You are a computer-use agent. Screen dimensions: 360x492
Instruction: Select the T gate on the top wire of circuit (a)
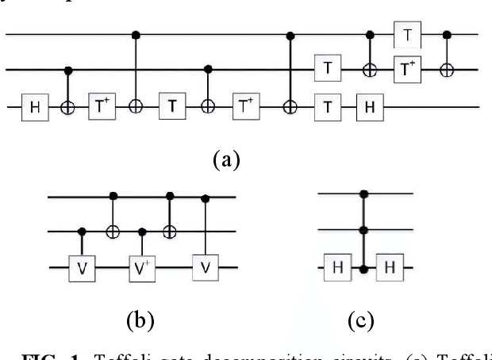(407, 36)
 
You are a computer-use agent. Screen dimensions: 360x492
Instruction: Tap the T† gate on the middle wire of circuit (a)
(407, 70)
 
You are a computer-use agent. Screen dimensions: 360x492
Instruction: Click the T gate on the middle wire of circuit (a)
(327, 70)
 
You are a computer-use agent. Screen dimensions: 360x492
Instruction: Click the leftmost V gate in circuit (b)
(83, 266)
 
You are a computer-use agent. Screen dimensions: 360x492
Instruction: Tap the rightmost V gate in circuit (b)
(206, 266)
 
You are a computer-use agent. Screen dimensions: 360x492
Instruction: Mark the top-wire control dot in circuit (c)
(363, 193)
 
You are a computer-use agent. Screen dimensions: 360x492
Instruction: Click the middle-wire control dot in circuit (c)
(363, 231)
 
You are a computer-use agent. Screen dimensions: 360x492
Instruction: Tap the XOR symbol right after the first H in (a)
(67, 105)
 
